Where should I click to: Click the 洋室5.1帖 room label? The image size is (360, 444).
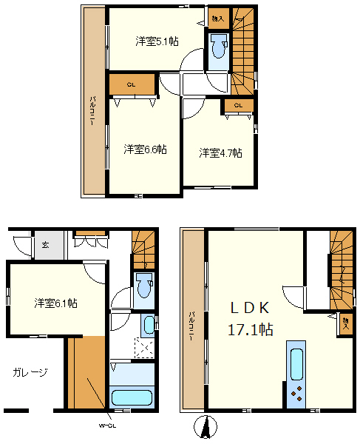click(156, 41)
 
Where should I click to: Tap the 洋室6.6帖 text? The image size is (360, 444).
click(145, 149)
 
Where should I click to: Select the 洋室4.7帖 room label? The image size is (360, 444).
click(220, 153)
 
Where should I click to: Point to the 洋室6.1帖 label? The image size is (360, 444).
click(56, 303)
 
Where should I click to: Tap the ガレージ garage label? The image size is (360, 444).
click(30, 372)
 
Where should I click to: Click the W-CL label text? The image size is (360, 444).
click(107, 425)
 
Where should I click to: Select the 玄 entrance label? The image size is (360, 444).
click(44, 245)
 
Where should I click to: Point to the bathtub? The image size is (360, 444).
click(130, 397)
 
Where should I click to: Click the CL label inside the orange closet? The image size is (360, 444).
click(131, 84)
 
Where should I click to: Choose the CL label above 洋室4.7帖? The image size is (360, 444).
click(238, 106)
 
